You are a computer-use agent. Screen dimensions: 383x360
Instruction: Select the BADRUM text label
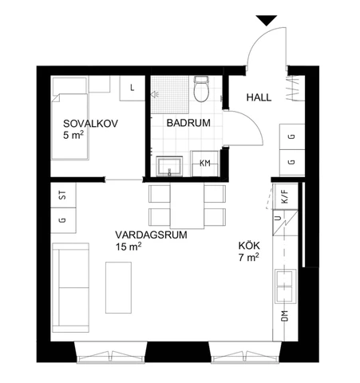click(x=188, y=123)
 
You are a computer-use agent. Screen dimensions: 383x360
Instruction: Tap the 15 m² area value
click(x=128, y=247)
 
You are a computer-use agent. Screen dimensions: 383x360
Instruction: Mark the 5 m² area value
click(x=73, y=136)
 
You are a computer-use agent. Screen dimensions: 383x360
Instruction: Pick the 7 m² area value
click(x=248, y=258)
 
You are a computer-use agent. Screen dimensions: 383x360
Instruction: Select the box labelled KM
click(x=205, y=164)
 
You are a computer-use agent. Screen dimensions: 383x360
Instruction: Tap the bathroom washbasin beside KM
click(x=169, y=165)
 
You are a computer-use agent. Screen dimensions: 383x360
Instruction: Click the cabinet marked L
click(x=132, y=87)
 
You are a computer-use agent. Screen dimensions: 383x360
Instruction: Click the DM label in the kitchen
click(x=284, y=318)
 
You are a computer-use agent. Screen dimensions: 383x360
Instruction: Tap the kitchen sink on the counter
click(x=284, y=282)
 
